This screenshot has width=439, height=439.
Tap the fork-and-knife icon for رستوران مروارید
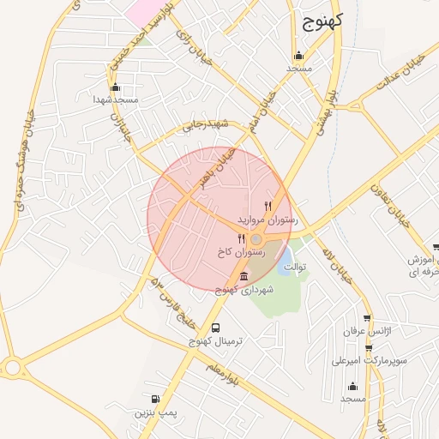(268, 206)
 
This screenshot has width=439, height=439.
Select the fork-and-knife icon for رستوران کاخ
(241, 239)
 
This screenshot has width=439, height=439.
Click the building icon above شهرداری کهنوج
(244, 276)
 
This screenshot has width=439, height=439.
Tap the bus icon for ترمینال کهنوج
(215, 328)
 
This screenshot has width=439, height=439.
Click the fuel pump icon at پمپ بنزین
(155, 399)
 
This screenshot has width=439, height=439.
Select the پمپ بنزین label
(154, 412)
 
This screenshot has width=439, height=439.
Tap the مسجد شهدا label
(117, 100)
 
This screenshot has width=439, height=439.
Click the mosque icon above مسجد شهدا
(116, 87)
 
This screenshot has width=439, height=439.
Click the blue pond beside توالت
(286, 255)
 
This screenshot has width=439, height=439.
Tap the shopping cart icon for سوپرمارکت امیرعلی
(369, 347)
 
